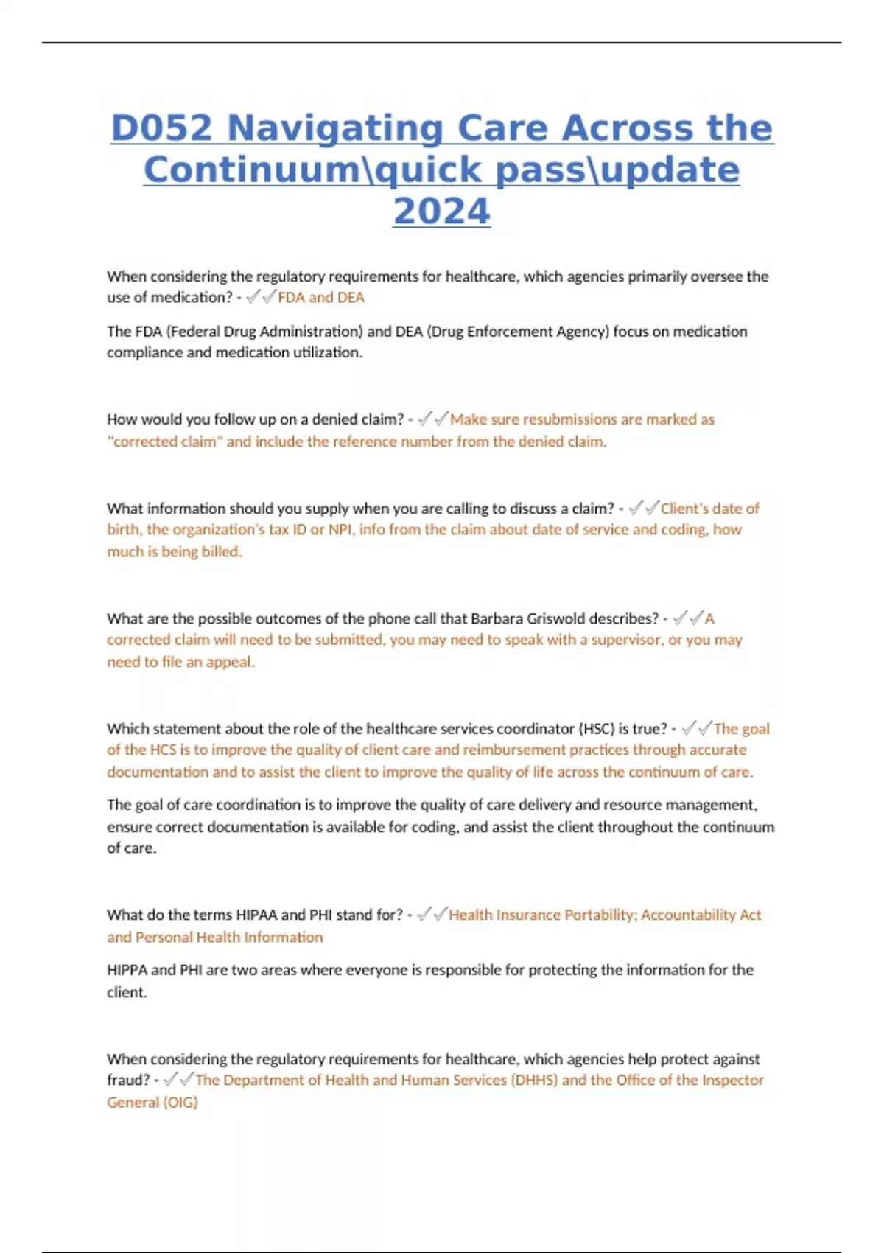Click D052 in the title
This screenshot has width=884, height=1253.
(x=161, y=128)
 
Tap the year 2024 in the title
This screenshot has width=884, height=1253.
(x=441, y=212)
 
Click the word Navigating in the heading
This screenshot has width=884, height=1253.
(x=335, y=128)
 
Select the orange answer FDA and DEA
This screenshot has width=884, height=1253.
(x=321, y=297)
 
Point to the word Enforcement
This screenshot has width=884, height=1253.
(x=527, y=332)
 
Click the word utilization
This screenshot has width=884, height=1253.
(x=328, y=352)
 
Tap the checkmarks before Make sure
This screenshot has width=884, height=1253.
(x=433, y=419)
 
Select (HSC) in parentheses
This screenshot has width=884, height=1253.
(x=596, y=729)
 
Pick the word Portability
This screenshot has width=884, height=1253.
(x=598, y=915)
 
